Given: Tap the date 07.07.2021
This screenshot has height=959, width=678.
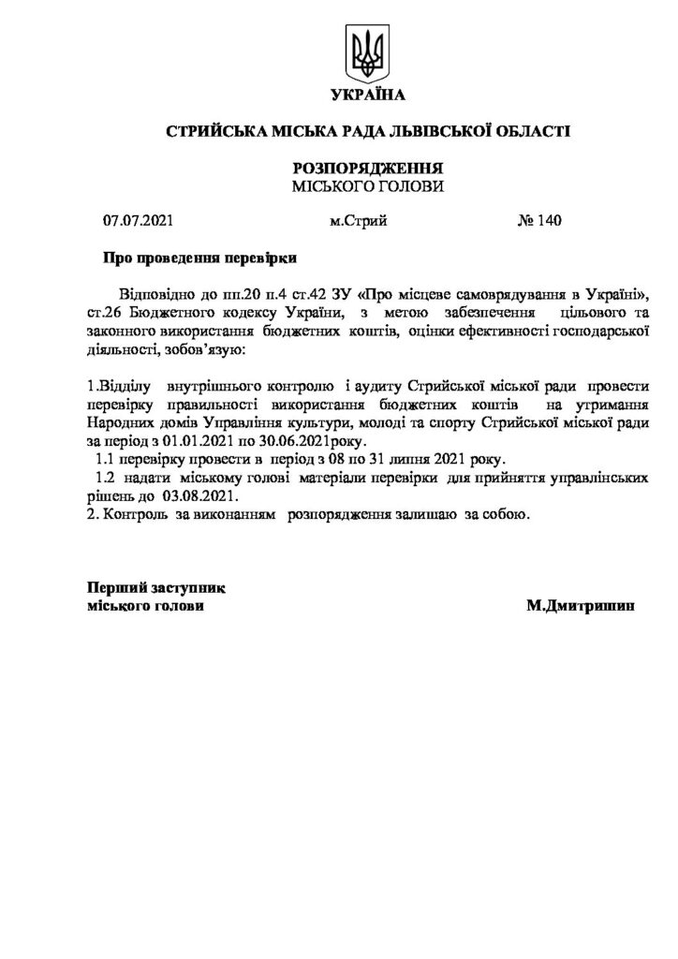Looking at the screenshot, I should coord(138,222).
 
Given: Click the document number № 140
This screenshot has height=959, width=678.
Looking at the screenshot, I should coord(538,222).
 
